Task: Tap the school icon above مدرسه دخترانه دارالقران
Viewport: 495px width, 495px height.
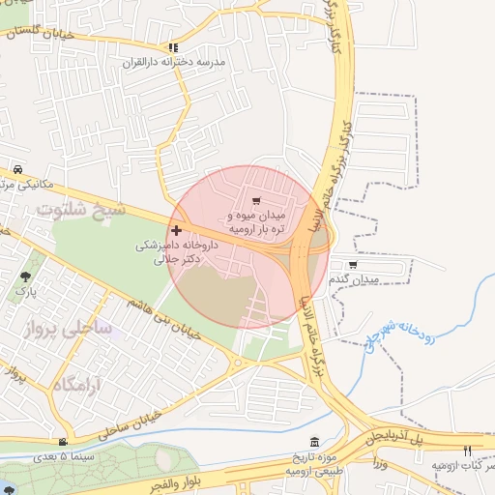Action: [173, 46]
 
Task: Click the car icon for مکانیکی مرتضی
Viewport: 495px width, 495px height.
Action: [17, 168]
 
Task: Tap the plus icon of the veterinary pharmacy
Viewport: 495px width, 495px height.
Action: [176, 230]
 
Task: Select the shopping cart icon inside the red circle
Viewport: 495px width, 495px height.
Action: [256, 201]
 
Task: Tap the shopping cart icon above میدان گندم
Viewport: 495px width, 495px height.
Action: [353, 264]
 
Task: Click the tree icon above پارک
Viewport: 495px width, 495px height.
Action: [24, 277]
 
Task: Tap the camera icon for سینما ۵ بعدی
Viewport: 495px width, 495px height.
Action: [63, 441]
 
